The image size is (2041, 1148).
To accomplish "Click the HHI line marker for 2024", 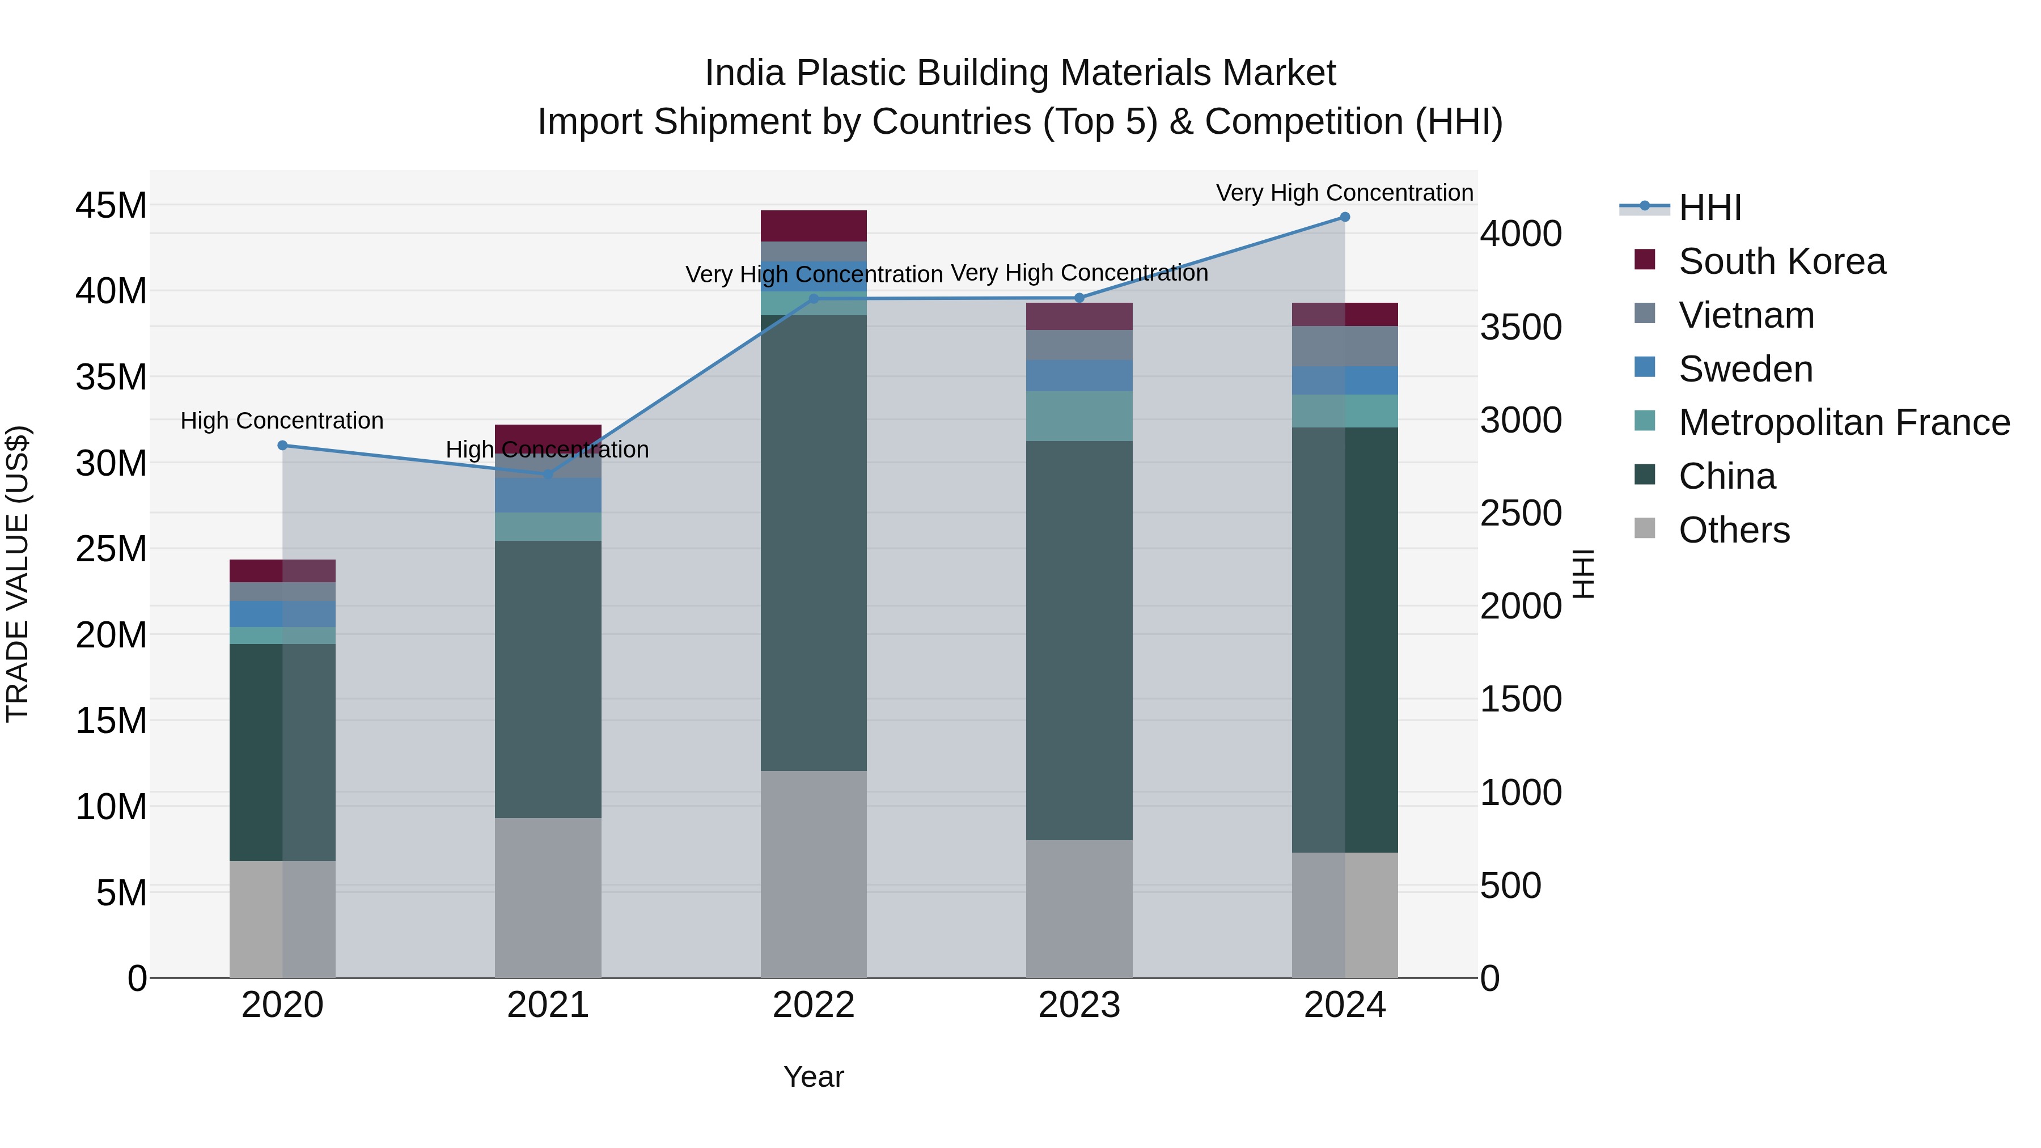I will coord(1345,217).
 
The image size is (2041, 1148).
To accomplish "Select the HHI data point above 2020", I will coord(282,445).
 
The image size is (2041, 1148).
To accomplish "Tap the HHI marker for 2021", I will coord(548,474).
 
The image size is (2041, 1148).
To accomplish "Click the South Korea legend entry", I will coord(1781,261).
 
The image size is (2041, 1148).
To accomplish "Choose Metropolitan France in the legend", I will coord(1844,422).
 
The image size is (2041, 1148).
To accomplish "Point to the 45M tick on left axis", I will coord(111,206).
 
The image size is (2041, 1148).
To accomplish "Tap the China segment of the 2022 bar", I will coord(813,543).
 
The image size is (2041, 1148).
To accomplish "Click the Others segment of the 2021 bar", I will coord(548,897).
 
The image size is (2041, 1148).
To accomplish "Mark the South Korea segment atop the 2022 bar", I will coord(813,226).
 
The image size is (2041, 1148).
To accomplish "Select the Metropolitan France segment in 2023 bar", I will coord(1078,416).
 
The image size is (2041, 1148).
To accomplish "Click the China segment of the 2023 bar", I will coord(1078,640).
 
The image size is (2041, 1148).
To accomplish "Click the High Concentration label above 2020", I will coord(282,421).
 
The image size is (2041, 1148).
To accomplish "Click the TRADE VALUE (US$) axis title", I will coord(18,574).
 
